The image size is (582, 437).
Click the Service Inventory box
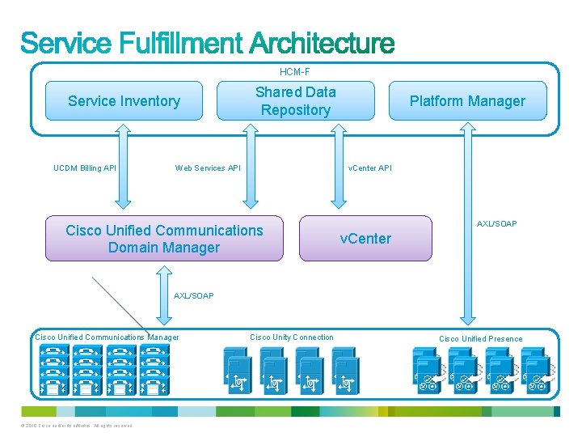[x=124, y=101]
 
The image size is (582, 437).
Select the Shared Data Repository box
[x=295, y=101]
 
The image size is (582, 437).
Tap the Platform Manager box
[x=466, y=101]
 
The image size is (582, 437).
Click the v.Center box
[x=365, y=238]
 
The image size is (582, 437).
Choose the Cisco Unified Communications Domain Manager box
[x=164, y=239]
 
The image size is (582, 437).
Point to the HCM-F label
[x=294, y=72]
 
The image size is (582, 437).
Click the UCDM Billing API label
[x=85, y=168]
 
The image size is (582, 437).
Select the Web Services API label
[x=208, y=168]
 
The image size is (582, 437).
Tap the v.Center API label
[x=369, y=168]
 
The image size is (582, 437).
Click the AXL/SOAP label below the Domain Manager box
[x=194, y=296]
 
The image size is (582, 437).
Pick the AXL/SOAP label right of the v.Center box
[x=496, y=223]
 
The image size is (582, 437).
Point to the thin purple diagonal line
[x=121, y=304]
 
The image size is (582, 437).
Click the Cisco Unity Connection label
[x=291, y=337]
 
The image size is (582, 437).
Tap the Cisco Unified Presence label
[x=480, y=338]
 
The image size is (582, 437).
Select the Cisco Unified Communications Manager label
[x=107, y=337]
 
